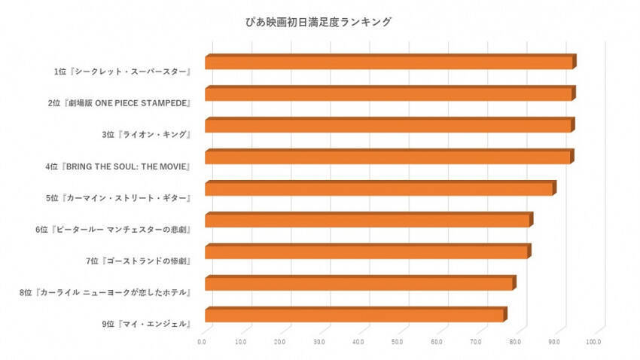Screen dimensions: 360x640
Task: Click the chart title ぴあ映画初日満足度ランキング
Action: (x=320, y=23)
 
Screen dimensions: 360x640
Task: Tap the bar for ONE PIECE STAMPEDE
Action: (x=389, y=94)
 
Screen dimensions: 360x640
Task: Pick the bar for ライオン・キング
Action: (x=389, y=126)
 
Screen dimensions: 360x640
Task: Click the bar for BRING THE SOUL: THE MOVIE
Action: (x=388, y=157)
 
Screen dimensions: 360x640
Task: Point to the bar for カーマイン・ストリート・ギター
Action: (x=379, y=189)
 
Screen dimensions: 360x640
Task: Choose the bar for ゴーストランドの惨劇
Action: (x=367, y=252)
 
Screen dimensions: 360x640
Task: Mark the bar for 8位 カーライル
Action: (x=359, y=284)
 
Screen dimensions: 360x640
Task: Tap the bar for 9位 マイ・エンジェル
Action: (x=355, y=316)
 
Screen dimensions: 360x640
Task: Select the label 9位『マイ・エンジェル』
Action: (x=145, y=325)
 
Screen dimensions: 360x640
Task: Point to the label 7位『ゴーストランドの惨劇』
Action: (x=138, y=261)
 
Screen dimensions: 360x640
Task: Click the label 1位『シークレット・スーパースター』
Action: (x=121, y=72)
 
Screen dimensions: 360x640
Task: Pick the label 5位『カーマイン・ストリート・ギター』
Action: (x=117, y=198)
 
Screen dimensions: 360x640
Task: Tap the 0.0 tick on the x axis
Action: (x=202, y=343)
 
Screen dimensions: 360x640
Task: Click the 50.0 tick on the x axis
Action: (x=398, y=343)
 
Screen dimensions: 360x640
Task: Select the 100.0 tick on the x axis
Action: (x=593, y=343)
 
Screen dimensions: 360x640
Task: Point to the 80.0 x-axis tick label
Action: (x=515, y=343)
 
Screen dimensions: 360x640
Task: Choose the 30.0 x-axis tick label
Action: (x=319, y=343)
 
